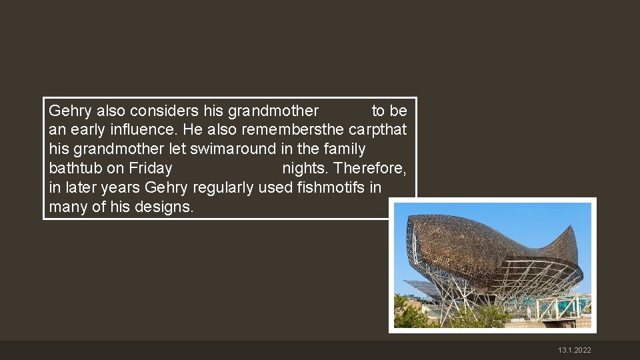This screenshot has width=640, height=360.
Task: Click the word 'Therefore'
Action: click(371, 168)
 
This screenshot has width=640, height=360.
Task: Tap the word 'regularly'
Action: click(223, 187)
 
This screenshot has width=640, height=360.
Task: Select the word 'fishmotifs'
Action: click(332, 187)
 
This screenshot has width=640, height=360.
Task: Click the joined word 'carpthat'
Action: click(379, 129)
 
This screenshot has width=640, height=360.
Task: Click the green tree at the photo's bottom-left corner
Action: click(408, 313)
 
